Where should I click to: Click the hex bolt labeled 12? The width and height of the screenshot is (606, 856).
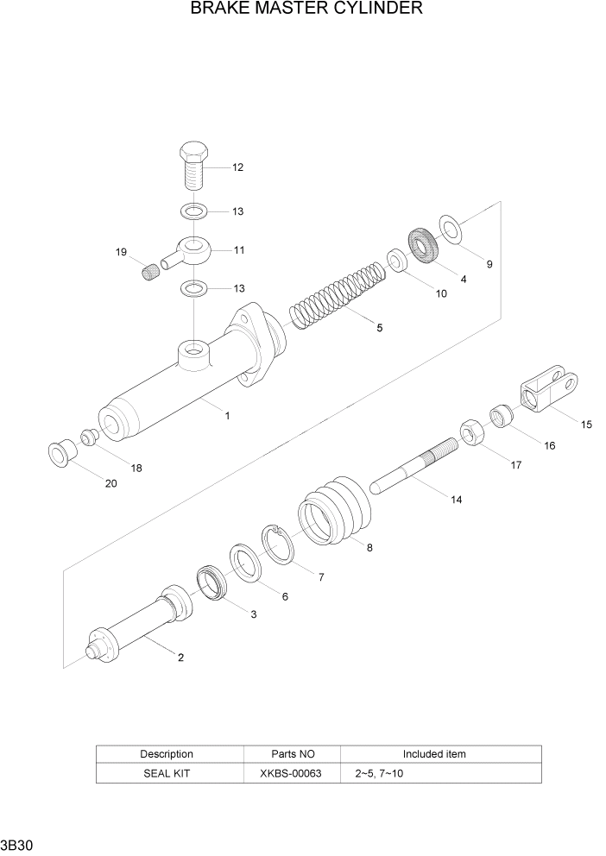(193, 166)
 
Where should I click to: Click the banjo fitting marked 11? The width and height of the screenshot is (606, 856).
(192, 250)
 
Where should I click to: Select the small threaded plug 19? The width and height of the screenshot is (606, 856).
(152, 274)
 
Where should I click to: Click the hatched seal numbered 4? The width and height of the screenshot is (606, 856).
(423, 245)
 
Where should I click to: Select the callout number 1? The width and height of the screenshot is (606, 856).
(227, 415)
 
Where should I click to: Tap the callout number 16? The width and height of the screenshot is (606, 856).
(549, 446)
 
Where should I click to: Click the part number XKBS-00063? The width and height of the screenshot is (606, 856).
(290, 773)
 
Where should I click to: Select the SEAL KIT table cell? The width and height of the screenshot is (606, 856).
(167, 773)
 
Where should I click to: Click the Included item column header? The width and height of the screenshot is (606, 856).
(433, 753)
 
